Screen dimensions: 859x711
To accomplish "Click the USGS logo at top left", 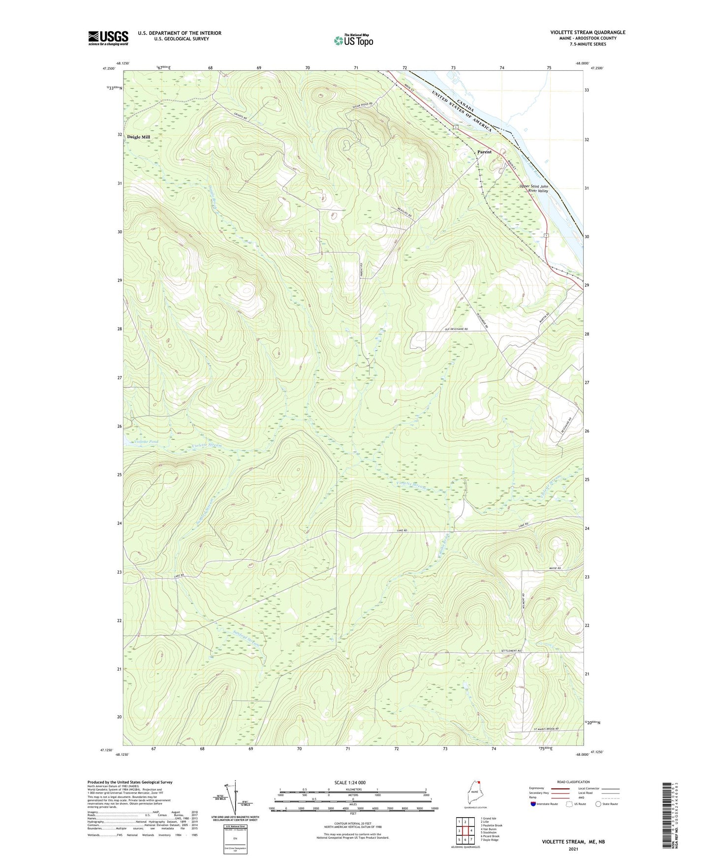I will coord(108,38).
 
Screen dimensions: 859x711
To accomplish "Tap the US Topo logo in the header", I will coord(353,40).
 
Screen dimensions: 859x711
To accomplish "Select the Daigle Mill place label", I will coord(138,137).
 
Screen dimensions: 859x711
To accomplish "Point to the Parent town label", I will coord(484,152).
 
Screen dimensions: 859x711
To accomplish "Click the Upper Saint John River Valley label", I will coord(534,188).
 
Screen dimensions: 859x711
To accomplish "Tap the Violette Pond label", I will coord(146,442).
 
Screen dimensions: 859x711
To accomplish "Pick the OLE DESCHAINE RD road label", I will coord(456,329).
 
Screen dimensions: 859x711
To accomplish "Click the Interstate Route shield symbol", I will coord(533,804).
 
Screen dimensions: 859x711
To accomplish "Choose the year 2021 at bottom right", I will coord(573,849).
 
